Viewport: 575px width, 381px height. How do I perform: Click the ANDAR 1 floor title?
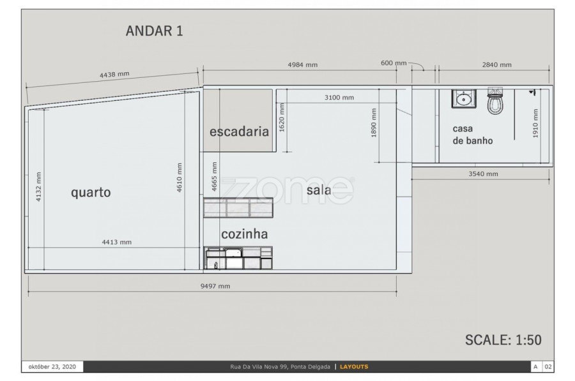point(155,31)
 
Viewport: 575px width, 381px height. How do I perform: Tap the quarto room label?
point(91,192)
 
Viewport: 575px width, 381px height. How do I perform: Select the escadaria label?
point(239,131)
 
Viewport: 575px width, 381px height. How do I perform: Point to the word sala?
point(319,190)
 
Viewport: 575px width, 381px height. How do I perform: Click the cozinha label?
point(244,234)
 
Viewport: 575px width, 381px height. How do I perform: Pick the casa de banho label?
point(472,135)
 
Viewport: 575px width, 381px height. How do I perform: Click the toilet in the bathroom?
point(495,100)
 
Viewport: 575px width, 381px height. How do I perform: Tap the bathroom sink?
point(464,98)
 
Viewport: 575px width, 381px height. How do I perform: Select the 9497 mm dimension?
point(215,286)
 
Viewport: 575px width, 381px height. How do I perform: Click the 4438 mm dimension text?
point(114,75)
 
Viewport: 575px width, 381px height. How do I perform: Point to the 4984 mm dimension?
point(303,65)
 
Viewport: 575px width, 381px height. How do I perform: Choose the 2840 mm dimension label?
point(496,65)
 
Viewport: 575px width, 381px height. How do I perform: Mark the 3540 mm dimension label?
point(483,174)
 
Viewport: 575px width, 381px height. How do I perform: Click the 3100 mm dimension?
point(339,98)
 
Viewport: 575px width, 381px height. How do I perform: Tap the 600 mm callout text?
point(394,63)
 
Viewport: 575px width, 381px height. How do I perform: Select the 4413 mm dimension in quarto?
point(117,242)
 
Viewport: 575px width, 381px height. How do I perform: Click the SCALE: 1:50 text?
point(503,340)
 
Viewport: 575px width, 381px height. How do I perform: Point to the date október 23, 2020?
point(52,367)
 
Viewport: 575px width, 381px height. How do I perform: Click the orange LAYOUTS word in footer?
point(354,367)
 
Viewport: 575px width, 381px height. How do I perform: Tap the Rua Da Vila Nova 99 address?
point(280,367)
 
